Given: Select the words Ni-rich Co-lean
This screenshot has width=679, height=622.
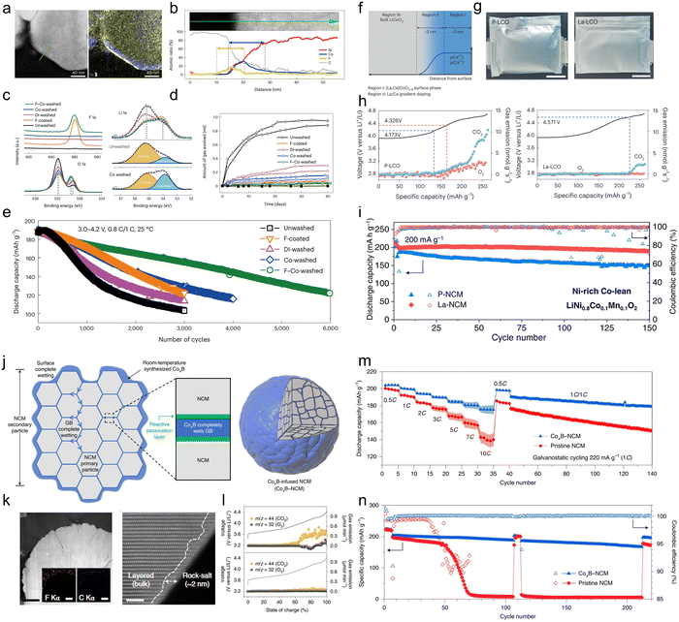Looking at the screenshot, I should click(581, 317).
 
